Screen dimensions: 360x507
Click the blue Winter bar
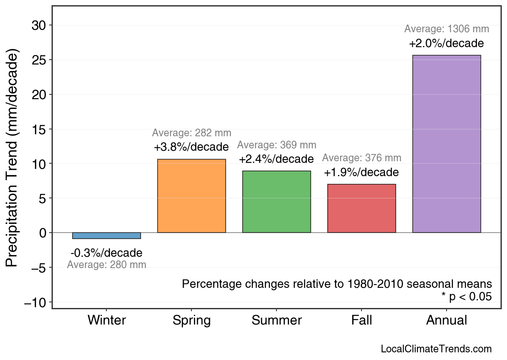tap(106, 236)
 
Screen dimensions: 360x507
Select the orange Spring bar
tap(191, 196)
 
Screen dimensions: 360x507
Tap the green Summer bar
tap(276, 202)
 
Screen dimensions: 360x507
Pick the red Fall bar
tap(362, 208)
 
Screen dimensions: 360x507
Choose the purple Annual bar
tap(447, 144)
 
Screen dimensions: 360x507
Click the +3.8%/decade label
tap(191, 147)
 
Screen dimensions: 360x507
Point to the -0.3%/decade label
tap(106, 253)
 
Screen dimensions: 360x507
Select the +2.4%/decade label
tap(276, 159)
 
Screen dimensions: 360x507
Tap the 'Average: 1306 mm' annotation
tap(447, 29)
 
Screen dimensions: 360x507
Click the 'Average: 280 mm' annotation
tap(106, 265)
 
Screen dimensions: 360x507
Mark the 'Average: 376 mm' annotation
tap(362, 158)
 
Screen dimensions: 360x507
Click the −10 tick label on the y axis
tap(35, 302)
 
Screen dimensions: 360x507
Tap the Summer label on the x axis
tap(276, 320)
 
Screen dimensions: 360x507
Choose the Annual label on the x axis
tap(447, 320)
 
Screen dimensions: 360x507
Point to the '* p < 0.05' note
tap(466, 297)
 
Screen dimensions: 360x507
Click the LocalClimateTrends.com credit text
tap(436, 349)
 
